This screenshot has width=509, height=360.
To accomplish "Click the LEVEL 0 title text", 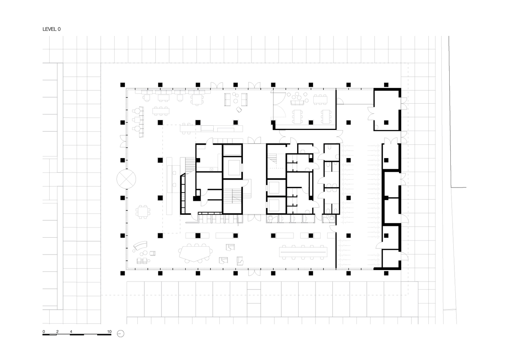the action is (51, 29).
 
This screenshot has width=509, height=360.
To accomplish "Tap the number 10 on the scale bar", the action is (109, 332).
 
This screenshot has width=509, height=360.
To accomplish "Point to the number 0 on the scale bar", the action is (44, 332).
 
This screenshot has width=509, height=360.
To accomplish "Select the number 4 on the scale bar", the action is (71, 332).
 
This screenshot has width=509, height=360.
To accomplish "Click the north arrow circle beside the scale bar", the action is (121, 334).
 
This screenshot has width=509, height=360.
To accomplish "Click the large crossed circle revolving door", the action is (126, 179).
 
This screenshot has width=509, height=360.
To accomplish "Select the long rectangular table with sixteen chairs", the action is (303, 252).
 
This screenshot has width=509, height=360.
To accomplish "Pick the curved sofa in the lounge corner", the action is (140, 246).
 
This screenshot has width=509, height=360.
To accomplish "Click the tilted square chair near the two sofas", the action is (239, 110).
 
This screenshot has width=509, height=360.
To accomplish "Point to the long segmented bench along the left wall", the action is (141, 122).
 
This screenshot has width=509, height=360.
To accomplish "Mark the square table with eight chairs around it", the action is (143, 212).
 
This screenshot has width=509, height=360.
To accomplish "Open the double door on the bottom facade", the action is (254, 272).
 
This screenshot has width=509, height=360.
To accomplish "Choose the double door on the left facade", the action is (123, 141).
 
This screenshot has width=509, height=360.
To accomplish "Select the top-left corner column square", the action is (123, 85).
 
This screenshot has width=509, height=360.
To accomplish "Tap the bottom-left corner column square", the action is (123, 273).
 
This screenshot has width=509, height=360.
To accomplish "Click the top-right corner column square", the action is (386, 85).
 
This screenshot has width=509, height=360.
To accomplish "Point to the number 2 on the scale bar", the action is (58, 332).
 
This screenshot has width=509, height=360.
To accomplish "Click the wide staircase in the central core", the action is (232, 195).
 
